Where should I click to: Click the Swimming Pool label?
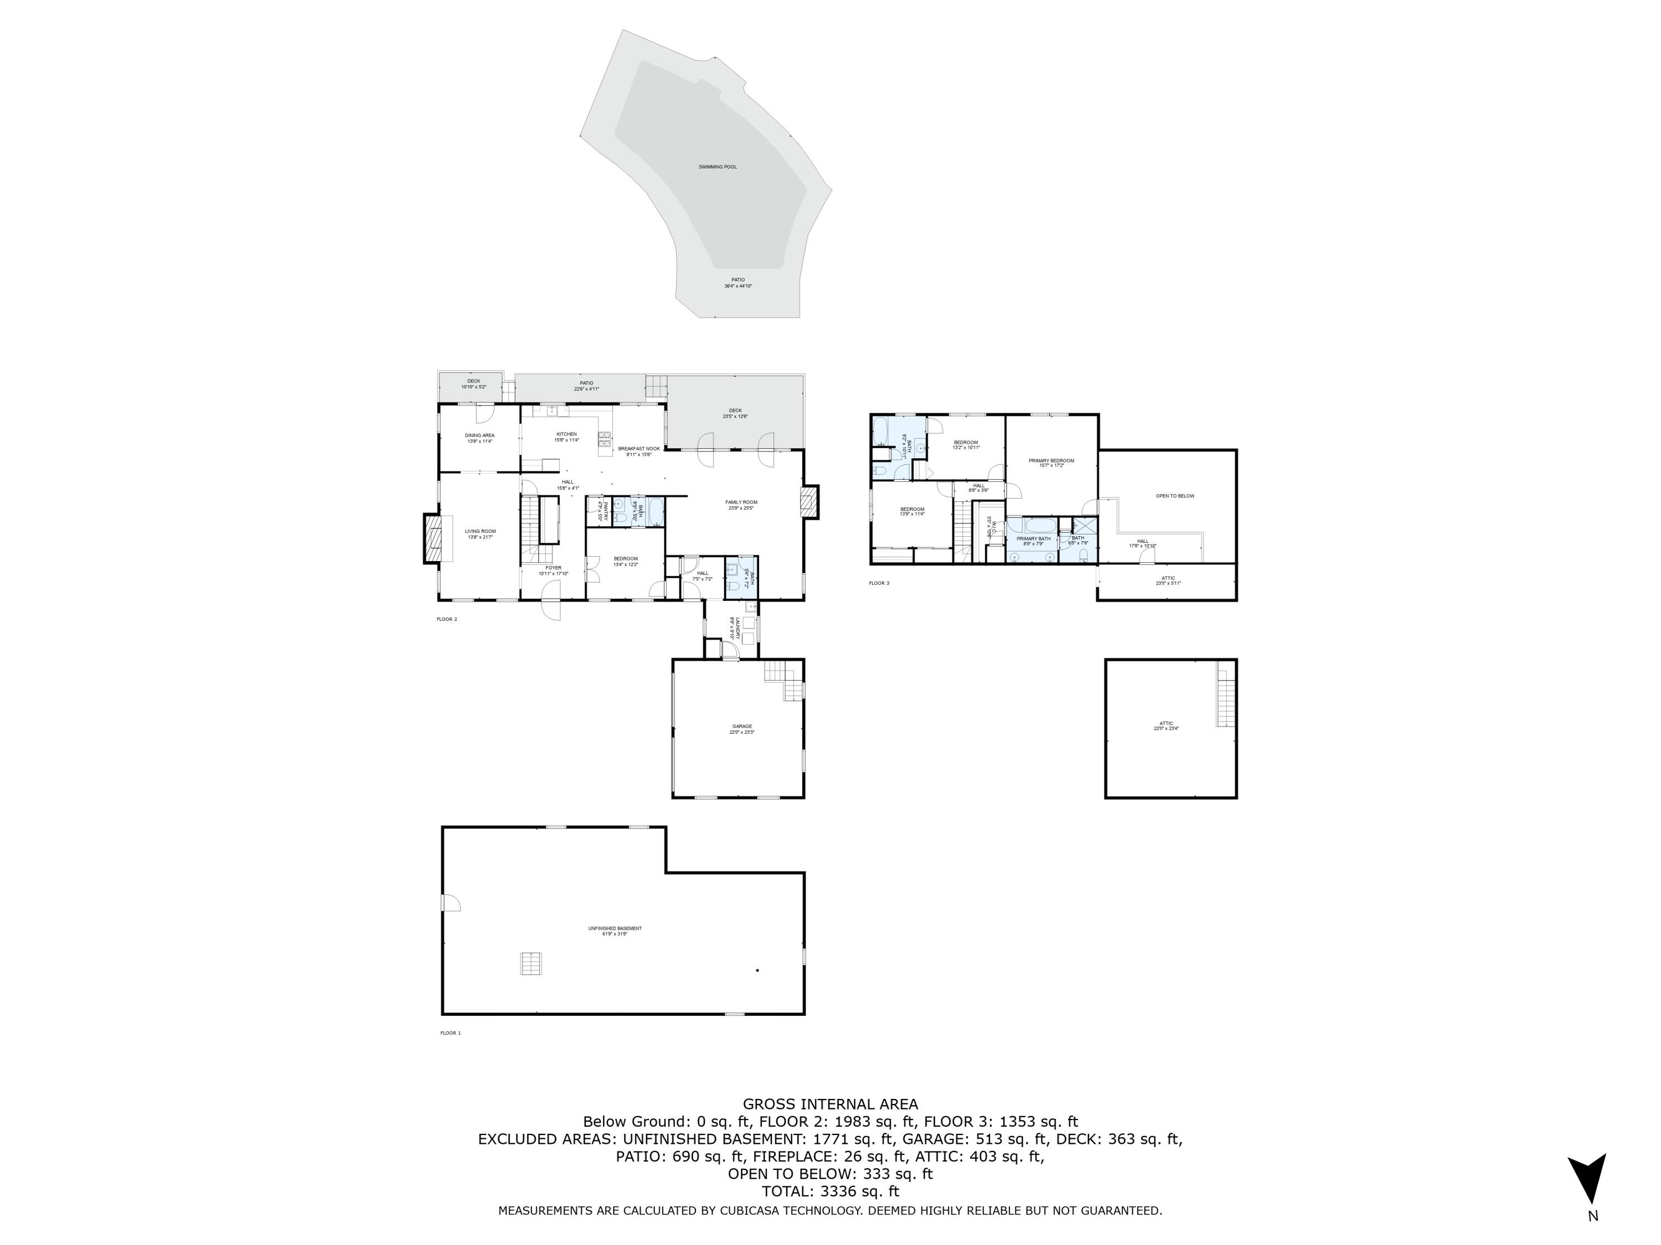(717, 167)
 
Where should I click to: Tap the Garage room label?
(742, 728)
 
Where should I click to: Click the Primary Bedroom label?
(1051, 462)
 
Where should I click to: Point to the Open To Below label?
(1174, 496)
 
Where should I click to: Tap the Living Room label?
(480, 533)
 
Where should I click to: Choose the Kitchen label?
(566, 436)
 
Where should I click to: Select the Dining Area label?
(479, 438)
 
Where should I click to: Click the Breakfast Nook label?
(639, 451)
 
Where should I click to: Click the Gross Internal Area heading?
(830, 1104)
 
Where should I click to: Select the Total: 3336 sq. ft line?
(830, 1191)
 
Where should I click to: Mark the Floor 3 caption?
(879, 583)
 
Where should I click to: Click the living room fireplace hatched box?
(432, 538)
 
